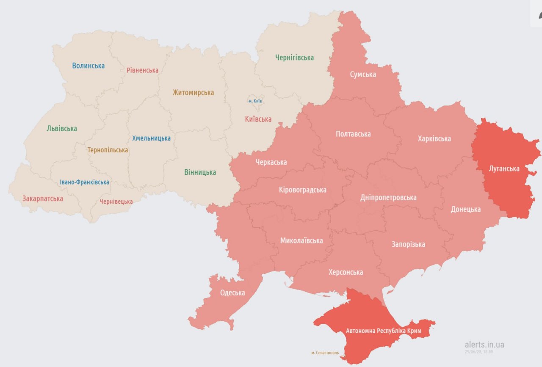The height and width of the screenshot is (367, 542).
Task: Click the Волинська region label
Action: pos(88,66)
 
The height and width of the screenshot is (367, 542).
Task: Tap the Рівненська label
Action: pos(142,70)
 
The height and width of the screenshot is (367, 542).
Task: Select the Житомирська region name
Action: pos(193,93)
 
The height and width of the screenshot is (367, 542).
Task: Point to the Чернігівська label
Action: pos(294,58)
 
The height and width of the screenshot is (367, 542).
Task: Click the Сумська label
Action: pos(363,75)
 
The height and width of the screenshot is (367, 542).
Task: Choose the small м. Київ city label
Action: pos(255,101)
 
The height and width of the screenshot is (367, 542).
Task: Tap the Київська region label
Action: pos(258,119)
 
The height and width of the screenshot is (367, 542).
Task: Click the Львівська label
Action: pos(62,129)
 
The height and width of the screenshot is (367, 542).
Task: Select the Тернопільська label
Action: pos(108,150)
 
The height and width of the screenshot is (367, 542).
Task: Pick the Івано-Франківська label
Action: pos(84,182)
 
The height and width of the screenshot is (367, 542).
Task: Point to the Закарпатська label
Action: pos(43,199)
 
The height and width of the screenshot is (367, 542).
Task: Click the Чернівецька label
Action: pos(116,202)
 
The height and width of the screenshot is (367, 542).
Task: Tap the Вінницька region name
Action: pos(200,172)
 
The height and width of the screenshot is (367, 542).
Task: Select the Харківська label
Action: pos(434,139)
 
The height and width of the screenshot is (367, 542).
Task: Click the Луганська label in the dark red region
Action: pos(503,169)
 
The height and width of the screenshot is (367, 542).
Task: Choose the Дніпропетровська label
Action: pos(388,198)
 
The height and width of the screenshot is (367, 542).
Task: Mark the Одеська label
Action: pos(232,293)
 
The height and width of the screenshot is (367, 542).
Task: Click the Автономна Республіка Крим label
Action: pos(383,331)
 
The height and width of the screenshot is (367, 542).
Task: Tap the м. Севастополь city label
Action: pos(325,353)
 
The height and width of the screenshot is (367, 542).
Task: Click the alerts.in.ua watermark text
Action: pos(484,345)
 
